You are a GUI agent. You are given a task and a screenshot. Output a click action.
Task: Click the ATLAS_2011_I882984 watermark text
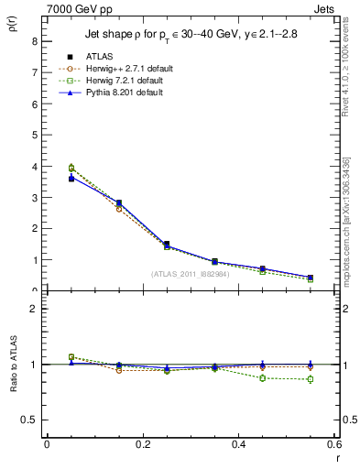click(x=190, y=273)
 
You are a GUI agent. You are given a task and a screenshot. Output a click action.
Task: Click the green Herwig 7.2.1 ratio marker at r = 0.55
click(x=311, y=379)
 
